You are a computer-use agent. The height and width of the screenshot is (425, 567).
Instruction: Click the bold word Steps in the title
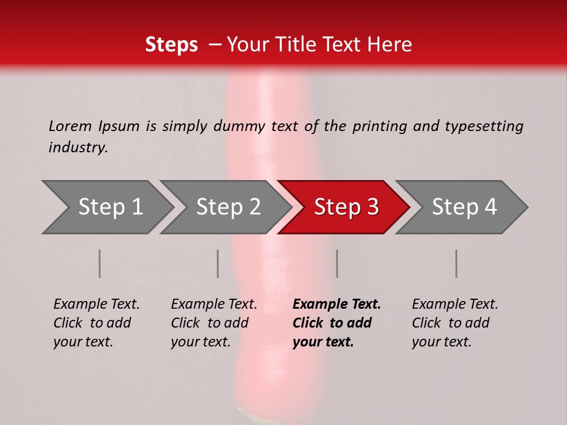(x=171, y=45)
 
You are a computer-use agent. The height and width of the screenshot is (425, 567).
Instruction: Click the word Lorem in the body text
(x=70, y=126)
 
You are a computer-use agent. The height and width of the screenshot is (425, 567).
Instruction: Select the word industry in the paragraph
(x=78, y=148)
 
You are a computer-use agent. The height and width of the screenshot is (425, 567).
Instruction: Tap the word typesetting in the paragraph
(x=484, y=126)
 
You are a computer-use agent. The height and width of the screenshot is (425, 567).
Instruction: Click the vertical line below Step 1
(x=100, y=263)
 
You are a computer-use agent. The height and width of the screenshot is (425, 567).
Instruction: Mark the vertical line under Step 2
(x=218, y=263)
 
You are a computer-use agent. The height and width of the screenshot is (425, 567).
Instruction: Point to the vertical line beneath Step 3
(x=337, y=263)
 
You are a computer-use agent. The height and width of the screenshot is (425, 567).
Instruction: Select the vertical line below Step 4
(x=457, y=263)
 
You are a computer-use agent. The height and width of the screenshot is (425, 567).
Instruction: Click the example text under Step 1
(x=96, y=323)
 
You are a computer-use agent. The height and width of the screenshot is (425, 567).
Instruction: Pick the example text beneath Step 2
(x=214, y=323)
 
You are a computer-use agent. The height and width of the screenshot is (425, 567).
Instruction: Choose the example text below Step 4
(x=455, y=323)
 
